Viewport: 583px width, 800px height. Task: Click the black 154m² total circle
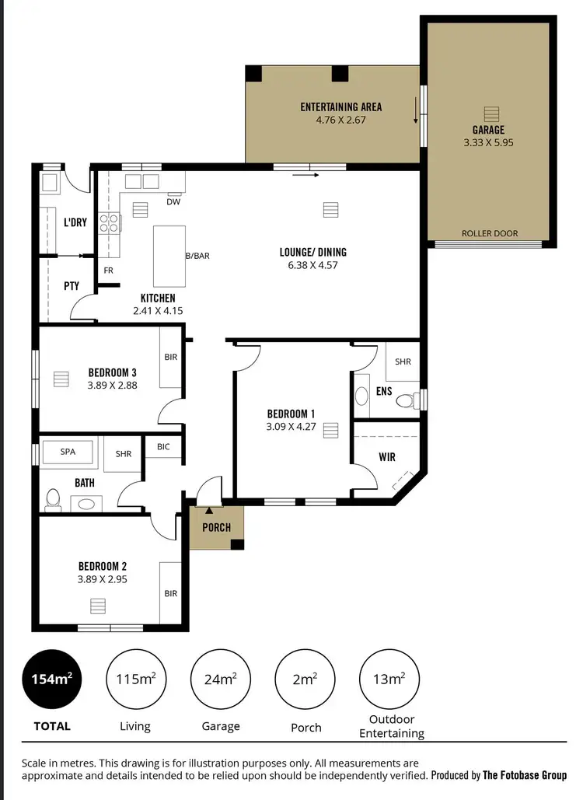53,679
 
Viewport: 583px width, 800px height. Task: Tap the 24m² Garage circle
220,679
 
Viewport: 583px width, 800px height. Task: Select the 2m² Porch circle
305,679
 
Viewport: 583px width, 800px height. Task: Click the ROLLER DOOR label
490,233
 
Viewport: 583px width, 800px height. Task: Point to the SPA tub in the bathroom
66,453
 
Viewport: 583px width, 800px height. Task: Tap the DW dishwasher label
173,202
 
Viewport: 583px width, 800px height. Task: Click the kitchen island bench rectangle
169,256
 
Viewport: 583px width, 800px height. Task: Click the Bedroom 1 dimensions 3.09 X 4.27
291,426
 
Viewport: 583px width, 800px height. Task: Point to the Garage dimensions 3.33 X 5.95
489,143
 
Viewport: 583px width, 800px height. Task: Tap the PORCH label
216,528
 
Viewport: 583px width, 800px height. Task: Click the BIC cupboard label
163,447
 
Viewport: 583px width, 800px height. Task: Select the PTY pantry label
72,286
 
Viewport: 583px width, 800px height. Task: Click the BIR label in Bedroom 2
171,593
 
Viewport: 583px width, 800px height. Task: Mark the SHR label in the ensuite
403,362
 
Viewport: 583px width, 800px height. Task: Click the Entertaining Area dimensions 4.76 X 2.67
340,121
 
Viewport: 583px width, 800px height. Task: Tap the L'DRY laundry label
75,223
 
